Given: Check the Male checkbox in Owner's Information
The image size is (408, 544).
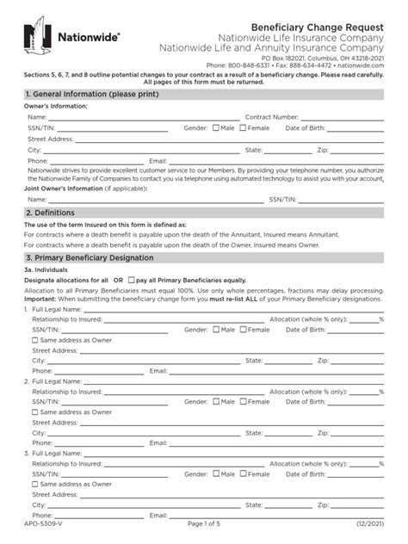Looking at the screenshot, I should point(215,127).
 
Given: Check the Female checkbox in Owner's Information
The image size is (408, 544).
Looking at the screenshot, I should point(243,127).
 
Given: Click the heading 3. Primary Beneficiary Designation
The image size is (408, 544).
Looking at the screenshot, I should point(90,257).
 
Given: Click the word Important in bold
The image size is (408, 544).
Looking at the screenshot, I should point(40,300).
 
